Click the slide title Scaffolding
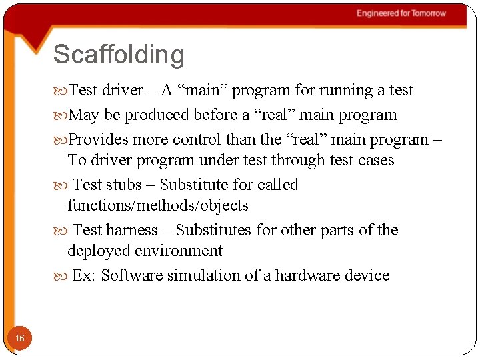click(x=119, y=55)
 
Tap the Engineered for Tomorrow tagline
click(x=401, y=13)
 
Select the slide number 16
click(x=20, y=339)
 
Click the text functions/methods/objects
click(x=157, y=206)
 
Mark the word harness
click(x=131, y=231)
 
